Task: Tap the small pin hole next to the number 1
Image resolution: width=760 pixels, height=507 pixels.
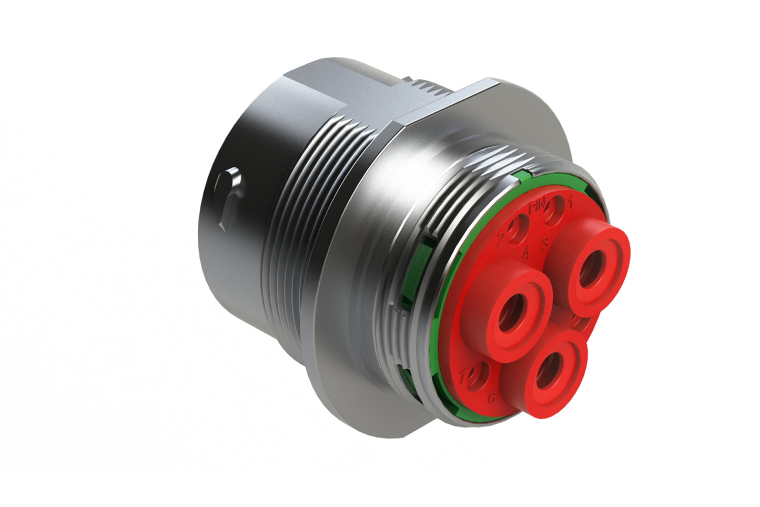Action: (x=552, y=213)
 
